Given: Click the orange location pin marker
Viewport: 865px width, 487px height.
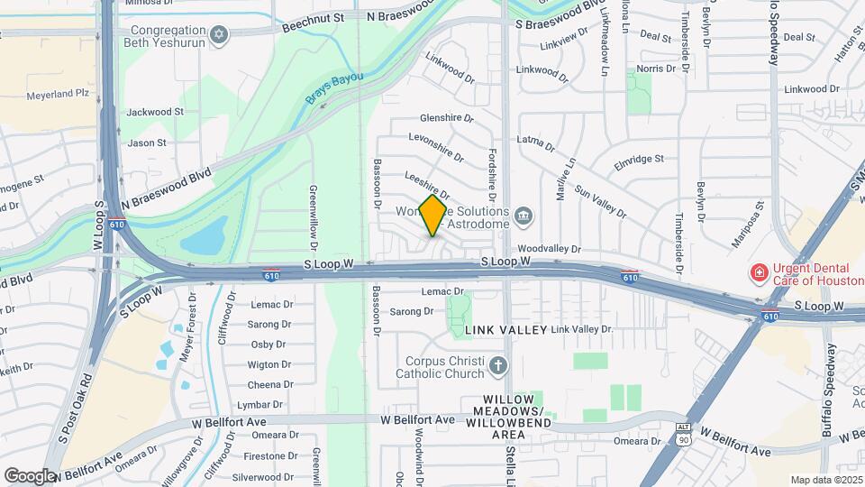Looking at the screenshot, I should pyautogui.click(x=433, y=215).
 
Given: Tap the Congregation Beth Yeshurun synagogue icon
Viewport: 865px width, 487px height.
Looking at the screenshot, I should pyautogui.click(x=216, y=35).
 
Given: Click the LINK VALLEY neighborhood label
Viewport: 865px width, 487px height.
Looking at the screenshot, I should pyautogui.click(x=506, y=331).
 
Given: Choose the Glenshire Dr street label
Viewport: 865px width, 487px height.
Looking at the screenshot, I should pyautogui.click(x=447, y=118).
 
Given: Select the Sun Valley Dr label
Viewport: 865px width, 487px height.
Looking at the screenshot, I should pyautogui.click(x=600, y=203).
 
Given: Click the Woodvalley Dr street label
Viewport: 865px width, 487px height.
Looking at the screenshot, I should pyautogui.click(x=550, y=249).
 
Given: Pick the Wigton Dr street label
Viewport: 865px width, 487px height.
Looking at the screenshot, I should pyautogui.click(x=269, y=364).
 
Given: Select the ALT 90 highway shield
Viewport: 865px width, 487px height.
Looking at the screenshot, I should pyautogui.click(x=682, y=438).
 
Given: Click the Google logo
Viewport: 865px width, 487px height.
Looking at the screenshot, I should pyautogui.click(x=30, y=475).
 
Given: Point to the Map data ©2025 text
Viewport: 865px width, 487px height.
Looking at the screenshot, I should pyautogui.click(x=825, y=480).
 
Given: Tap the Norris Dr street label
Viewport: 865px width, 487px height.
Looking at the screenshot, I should pyautogui.click(x=655, y=69).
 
